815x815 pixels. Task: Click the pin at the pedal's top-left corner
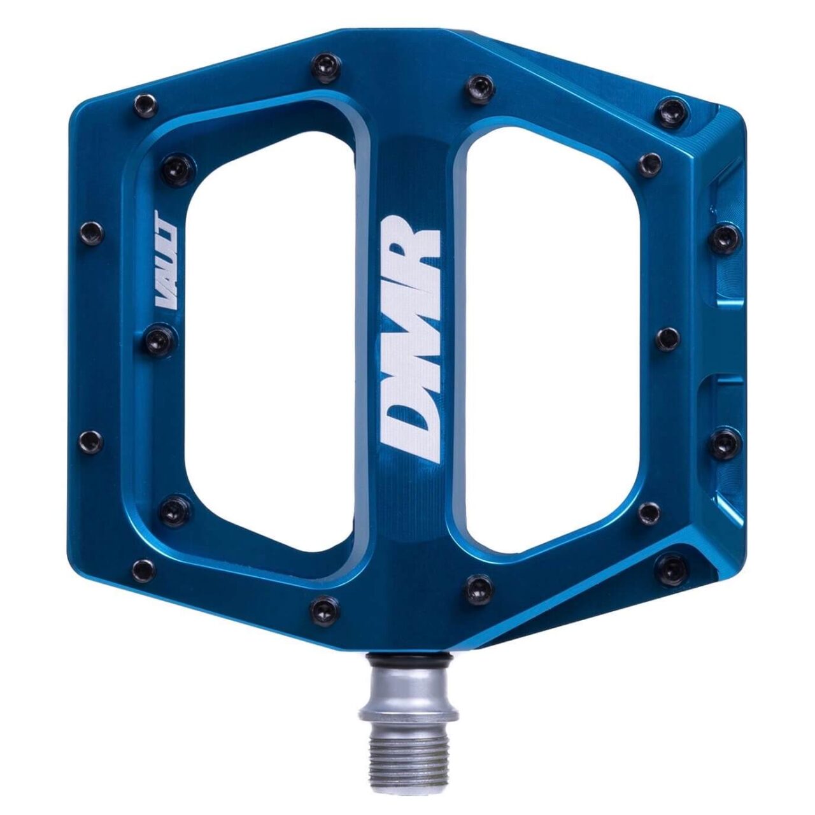pyautogui.click(x=145, y=105)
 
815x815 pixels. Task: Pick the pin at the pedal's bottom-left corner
pyautogui.click(x=144, y=569)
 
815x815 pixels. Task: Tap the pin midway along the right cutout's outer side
pyautogui.click(x=667, y=338)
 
